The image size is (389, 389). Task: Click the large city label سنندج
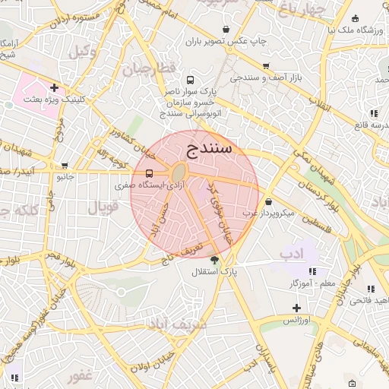point(208,148)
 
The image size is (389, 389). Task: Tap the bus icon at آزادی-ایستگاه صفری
point(149,173)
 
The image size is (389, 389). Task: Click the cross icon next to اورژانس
point(296,308)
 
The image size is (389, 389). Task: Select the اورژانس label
point(299,320)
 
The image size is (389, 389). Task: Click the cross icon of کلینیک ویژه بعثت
point(54,87)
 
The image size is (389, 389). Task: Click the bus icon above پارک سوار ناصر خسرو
point(189,80)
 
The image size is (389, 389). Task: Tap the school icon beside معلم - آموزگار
point(312,271)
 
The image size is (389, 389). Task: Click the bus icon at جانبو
point(65,165)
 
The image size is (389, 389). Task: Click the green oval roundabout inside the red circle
point(180,172)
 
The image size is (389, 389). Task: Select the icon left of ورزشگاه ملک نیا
point(356,18)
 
